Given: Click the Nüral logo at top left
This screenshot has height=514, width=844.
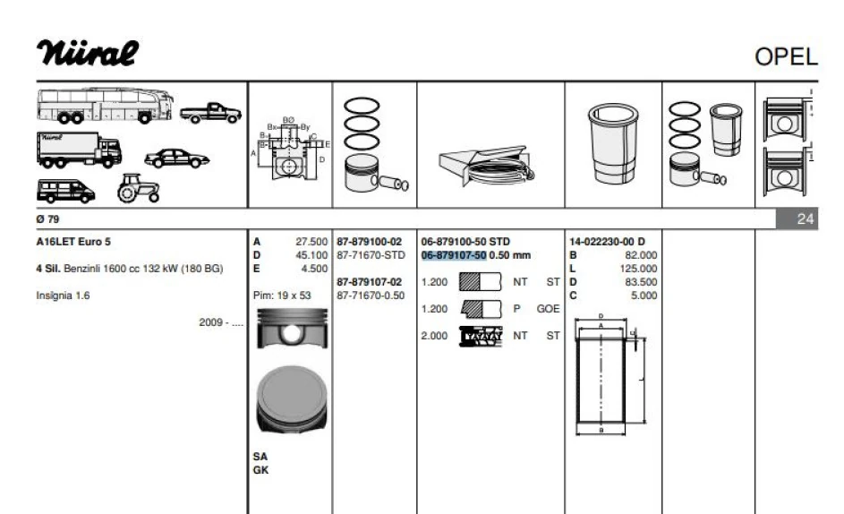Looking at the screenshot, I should pyautogui.click(x=88, y=52).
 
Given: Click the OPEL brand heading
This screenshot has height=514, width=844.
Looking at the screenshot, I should pyautogui.click(x=786, y=57).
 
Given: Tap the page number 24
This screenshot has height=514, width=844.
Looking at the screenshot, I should pyautogui.click(x=806, y=218).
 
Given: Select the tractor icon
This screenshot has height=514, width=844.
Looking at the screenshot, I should pyautogui.click(x=138, y=187).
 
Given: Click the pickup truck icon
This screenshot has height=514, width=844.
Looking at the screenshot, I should pyautogui.click(x=210, y=114).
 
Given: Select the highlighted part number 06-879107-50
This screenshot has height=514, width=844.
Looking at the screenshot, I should pyautogui.click(x=454, y=255).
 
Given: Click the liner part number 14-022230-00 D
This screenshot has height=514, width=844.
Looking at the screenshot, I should pyautogui.click(x=607, y=242).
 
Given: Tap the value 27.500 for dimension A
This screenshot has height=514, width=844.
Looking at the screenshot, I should pyautogui.click(x=311, y=242).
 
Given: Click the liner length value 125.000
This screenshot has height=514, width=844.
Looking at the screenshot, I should pyautogui.click(x=637, y=269).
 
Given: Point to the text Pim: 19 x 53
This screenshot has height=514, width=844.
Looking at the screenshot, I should pyautogui.click(x=282, y=295).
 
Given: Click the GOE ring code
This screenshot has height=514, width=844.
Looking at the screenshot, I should pyautogui.click(x=548, y=309).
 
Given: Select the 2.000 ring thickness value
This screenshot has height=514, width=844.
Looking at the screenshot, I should pyautogui.click(x=435, y=336).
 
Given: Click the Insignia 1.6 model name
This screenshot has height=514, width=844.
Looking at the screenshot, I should pyautogui.click(x=63, y=295).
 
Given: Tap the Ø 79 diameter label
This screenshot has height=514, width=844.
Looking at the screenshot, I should pyautogui.click(x=47, y=218).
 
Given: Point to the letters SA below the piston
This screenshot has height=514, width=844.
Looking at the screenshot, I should pyautogui.click(x=260, y=456).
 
